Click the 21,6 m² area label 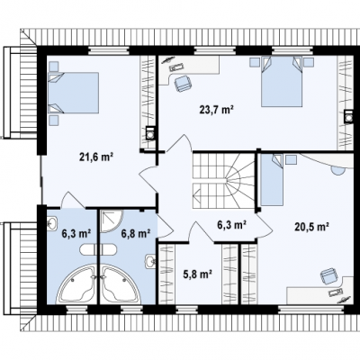96,157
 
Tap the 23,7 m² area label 217,110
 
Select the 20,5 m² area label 310,227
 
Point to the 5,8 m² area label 198,274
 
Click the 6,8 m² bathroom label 136,233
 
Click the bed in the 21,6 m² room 73,93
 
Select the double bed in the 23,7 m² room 281,81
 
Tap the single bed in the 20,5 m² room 272,180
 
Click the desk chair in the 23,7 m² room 182,83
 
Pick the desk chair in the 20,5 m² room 328,276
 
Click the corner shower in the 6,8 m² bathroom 112,221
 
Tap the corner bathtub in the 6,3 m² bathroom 76,284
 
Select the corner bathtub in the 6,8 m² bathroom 121,284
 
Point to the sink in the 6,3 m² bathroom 51,223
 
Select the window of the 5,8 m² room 186,309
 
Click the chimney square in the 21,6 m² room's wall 149,132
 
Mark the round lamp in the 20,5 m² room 337,170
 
